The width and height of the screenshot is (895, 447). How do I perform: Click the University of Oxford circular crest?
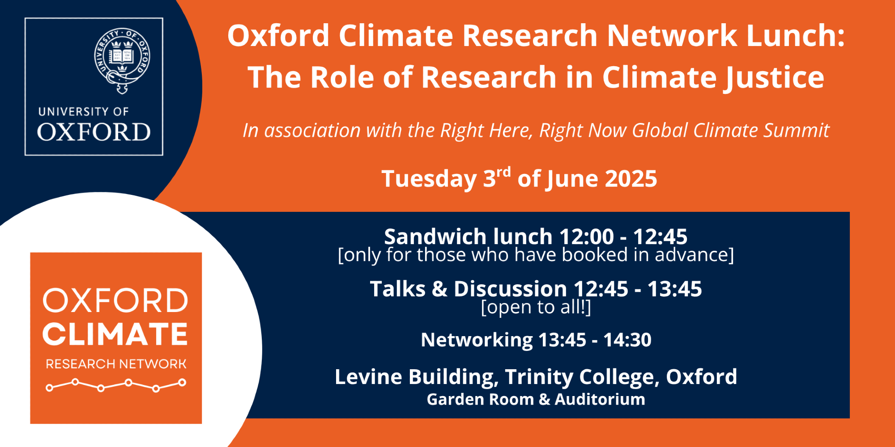coord(122,61)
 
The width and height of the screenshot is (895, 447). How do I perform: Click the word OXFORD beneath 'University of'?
coord(94,132)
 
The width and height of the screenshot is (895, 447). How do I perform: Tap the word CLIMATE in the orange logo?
coord(115,334)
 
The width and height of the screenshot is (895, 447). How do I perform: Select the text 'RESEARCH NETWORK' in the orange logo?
coord(116,364)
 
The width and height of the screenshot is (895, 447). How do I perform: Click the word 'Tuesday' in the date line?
coord(429,179)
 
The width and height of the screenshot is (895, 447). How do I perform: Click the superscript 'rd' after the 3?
coord(504,172)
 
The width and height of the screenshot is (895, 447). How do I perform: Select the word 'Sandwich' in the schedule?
coord(435,236)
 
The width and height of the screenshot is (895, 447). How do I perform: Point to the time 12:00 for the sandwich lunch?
coord(586,236)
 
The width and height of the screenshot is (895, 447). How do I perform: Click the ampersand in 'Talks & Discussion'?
coord(439,289)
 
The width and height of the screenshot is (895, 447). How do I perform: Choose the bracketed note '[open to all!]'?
coord(536,307)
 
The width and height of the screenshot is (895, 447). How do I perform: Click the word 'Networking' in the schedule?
coord(477,340)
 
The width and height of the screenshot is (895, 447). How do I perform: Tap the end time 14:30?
coord(627,340)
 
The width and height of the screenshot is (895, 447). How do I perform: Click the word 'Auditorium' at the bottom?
coord(600,399)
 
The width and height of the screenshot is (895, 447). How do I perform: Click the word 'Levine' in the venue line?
coord(365,377)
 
